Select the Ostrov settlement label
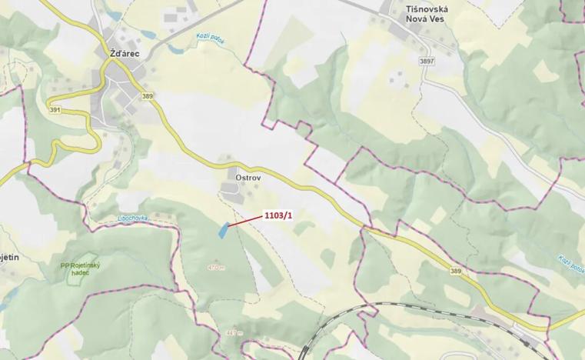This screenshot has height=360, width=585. coord(239,175)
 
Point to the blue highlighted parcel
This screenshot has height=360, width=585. coord(223,230)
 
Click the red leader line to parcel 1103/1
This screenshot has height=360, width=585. coord(246,222)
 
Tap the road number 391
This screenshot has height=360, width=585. coord(55,109)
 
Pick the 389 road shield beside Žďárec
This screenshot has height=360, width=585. coord(148,95)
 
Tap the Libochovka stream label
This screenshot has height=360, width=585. coord(131,218)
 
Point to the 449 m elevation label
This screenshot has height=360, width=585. coord(234,333)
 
